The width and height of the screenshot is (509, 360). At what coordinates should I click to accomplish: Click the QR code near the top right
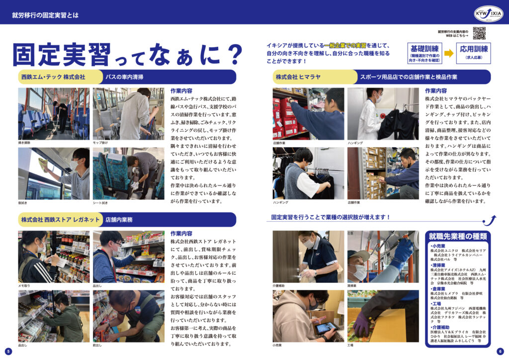[x=479, y=33]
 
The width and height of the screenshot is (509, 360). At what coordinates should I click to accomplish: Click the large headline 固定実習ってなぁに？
[x=127, y=54]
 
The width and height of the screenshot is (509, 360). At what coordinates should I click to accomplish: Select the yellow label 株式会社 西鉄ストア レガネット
[x=60, y=219]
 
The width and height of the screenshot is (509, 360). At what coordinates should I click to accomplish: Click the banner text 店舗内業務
[x=119, y=219]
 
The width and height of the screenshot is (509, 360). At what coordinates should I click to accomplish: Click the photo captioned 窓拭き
[x=54, y=173]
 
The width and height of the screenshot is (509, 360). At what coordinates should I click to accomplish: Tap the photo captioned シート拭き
[x=128, y=173]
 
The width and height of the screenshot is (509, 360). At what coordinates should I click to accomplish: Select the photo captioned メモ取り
[x=54, y=257]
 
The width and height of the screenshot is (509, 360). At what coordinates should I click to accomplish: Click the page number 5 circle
[x=8, y=351]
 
